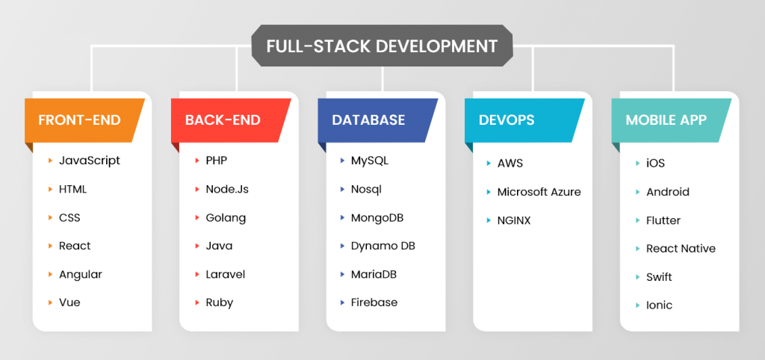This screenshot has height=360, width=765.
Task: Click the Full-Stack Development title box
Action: [382, 46]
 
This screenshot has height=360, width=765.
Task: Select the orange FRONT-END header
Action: [79, 120]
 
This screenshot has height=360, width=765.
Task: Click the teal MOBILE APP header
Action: [666, 120]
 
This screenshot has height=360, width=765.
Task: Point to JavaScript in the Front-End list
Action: [89, 161]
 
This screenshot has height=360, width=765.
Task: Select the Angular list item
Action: [80, 274]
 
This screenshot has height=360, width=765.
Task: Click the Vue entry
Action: [69, 302]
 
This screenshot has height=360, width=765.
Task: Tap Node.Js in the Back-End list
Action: [227, 189]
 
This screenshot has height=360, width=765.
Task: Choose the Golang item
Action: [226, 218]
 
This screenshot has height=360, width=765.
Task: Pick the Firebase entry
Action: [374, 302]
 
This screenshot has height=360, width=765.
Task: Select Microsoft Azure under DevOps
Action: [539, 192]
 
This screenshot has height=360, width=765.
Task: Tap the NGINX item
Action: [514, 220]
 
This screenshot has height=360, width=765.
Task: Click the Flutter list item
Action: [663, 220]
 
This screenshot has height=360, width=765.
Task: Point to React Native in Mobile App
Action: [681, 249]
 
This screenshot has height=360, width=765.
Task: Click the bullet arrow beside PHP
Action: [196, 161]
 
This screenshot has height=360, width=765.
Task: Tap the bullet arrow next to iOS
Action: [637, 163]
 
